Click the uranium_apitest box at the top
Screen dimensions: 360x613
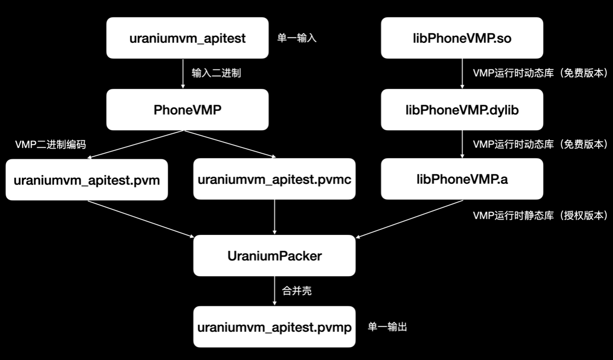click(187, 38)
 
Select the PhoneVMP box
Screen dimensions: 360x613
click(187, 109)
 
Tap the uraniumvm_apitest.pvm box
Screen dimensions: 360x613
click(87, 180)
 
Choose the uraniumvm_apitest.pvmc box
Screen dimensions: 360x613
click(275, 180)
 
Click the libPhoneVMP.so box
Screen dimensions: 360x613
click(462, 38)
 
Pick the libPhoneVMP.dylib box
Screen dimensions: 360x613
click(462, 109)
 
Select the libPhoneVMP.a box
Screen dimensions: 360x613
click(462, 179)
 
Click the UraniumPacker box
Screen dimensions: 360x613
click(274, 255)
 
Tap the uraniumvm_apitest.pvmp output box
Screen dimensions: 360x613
click(274, 327)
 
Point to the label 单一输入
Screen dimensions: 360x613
click(297, 38)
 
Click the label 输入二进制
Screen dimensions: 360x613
click(216, 73)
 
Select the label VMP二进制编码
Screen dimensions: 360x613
click(51, 145)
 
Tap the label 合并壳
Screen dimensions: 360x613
click(297, 291)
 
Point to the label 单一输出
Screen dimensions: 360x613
click(387, 327)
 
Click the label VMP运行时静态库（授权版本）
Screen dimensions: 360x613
click(540, 215)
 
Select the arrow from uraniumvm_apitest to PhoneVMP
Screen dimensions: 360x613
click(183, 74)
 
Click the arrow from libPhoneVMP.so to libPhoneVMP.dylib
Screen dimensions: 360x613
click(462, 74)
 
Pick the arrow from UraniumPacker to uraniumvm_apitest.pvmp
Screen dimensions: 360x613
click(275, 291)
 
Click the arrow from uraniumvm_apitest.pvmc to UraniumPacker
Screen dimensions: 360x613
click(275, 217)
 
